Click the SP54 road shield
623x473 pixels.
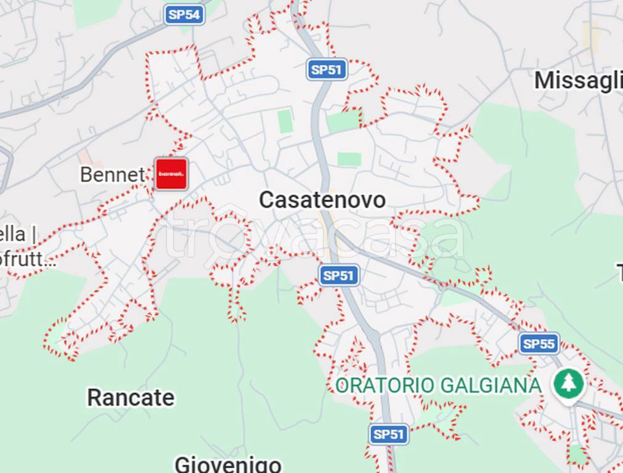coord(184,15)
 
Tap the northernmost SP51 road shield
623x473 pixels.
coord(327,70)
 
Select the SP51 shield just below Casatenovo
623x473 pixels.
coord(339,275)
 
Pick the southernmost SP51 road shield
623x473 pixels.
coord(389,434)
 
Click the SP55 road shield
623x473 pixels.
coord(539,344)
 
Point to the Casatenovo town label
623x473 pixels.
coord(322,200)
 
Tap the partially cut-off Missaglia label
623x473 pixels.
coord(578,81)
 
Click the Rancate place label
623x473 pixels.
coord(131,398)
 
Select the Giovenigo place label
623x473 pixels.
coord(228,464)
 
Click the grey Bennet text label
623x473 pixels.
coord(112,175)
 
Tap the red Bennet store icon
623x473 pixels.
coord(171,174)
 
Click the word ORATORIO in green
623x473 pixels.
coord(383,386)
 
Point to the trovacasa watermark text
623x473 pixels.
coord(314,236)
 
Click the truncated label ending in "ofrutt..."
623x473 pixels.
coord(28,259)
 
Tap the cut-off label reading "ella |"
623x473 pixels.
coord(18,235)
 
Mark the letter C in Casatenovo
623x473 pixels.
coord(266,200)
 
